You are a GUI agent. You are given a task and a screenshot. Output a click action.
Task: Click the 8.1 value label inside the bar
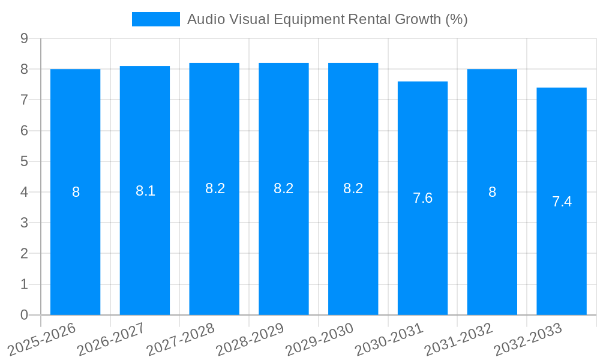[x=145, y=191]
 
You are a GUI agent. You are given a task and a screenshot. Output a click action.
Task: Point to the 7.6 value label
[x=422, y=198]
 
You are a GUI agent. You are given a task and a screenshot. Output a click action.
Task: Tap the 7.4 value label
[x=562, y=202]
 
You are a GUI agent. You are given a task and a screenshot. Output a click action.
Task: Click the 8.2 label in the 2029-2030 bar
[x=353, y=188]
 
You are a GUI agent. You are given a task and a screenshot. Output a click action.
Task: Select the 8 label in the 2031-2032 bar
[x=492, y=192]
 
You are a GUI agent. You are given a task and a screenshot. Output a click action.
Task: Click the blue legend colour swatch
[x=155, y=19]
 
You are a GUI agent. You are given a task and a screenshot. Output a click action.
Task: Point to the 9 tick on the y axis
[x=24, y=38]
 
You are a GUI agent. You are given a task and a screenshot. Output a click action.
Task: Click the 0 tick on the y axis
[x=24, y=315]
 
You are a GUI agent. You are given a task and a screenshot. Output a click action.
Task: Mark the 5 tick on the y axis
[x=24, y=161]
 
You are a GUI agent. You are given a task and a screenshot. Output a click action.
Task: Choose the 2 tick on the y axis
[x=24, y=254]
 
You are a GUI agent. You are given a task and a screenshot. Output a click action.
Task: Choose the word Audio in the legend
[x=204, y=19]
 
